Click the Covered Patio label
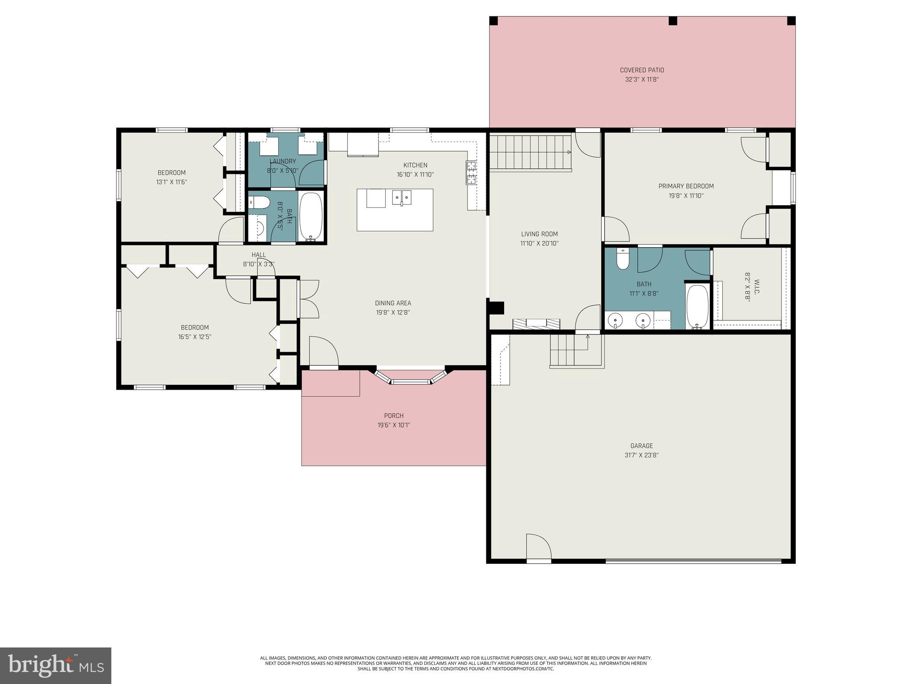642,70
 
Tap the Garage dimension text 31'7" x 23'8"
641,455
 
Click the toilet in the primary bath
623,260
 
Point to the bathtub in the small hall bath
310,217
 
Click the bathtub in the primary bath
697,306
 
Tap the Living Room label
539,234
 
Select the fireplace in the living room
536,324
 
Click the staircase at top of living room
530,152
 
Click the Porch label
394,415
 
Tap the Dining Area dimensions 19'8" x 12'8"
393,313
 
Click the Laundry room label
282,161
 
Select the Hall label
258,255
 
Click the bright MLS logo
55,665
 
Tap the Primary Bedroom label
686,186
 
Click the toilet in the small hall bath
260,203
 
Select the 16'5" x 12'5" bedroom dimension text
195,337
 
